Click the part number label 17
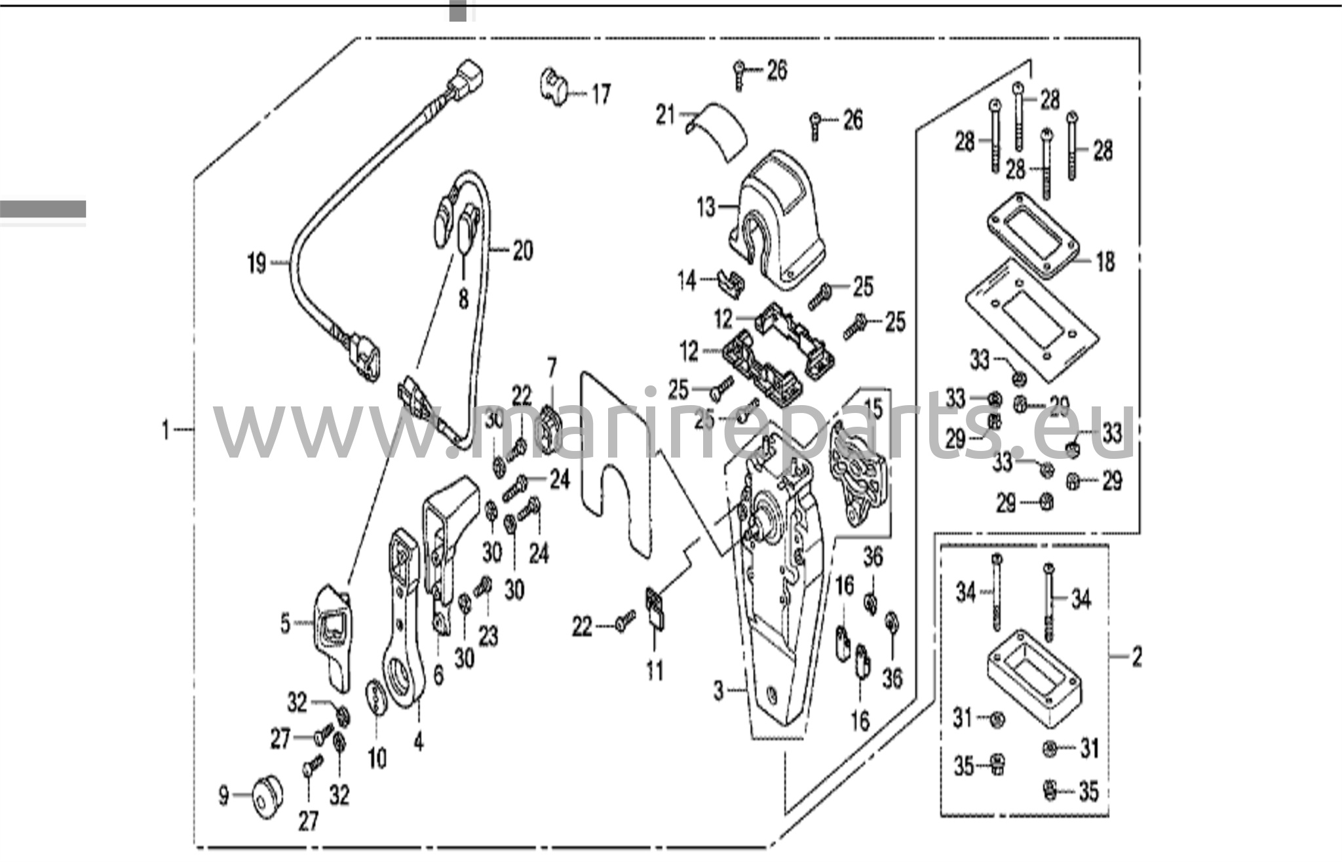point(601,94)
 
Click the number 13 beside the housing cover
point(706,207)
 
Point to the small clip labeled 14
point(731,282)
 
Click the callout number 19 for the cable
point(256,264)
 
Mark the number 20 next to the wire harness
point(522,250)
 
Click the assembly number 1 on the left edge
point(166,431)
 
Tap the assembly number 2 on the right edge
point(1137,656)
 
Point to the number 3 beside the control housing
point(719,691)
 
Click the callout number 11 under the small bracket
point(655,671)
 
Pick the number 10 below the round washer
point(377,758)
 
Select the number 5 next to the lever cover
point(285,623)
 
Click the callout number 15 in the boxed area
point(873,408)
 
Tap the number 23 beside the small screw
point(488,635)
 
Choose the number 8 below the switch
point(463,300)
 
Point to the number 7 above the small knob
point(552,368)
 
